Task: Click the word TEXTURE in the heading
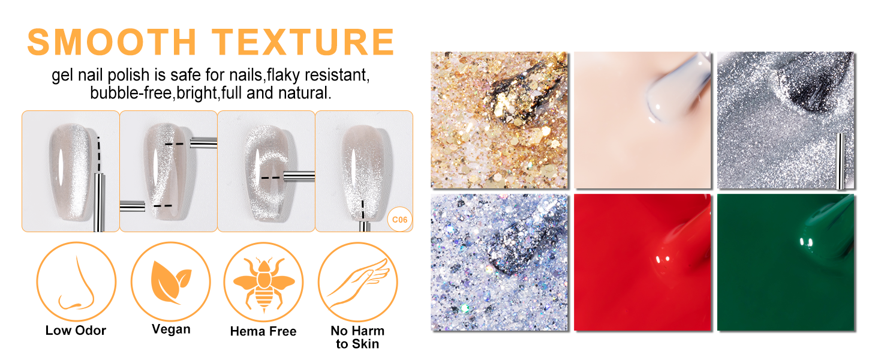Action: pos(303,42)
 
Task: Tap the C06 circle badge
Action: pos(400,220)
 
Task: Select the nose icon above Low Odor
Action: pos(76,282)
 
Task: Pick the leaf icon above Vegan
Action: pos(171,282)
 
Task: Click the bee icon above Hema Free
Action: pos(264,283)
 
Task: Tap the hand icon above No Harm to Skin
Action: pos(358,283)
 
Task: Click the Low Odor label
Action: pos(76,330)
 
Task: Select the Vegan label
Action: pos(172,329)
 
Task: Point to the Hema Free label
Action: pos(263,331)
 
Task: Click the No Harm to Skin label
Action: pos(357,337)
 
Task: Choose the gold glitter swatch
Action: pos(499,120)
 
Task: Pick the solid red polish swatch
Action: pos(642,262)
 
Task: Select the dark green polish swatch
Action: pos(786,262)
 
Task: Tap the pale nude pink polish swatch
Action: pos(642,120)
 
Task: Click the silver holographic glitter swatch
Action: pos(499,262)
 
